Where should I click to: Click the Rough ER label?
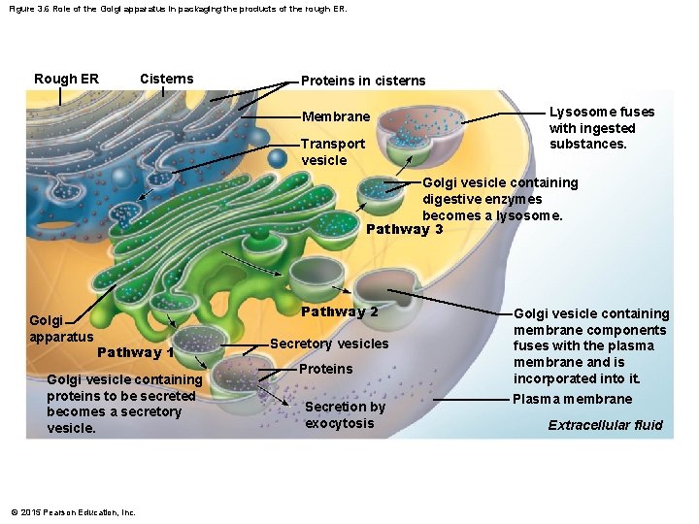[66, 79]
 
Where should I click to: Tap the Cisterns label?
[166, 79]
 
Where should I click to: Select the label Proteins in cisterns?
[363, 81]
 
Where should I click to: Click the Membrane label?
[336, 116]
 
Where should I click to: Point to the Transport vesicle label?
[333, 151]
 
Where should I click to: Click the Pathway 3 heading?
[405, 229]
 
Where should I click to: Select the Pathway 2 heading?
[339, 311]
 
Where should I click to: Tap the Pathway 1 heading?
[136, 352]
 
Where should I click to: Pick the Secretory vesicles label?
[328, 344]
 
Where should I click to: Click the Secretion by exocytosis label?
[345, 414]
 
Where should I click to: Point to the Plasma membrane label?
[572, 399]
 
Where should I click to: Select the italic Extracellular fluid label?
[605, 425]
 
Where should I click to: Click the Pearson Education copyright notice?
[73, 512]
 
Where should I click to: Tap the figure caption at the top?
[177, 9]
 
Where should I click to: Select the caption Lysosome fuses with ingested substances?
[602, 127]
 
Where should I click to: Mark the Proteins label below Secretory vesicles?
[326, 369]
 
